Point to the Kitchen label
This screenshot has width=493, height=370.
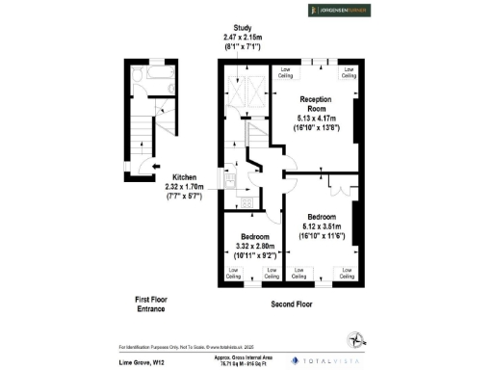click(185, 177)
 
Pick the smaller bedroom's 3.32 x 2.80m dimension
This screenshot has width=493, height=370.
click(254, 247)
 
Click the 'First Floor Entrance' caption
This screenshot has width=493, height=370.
click(149, 304)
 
